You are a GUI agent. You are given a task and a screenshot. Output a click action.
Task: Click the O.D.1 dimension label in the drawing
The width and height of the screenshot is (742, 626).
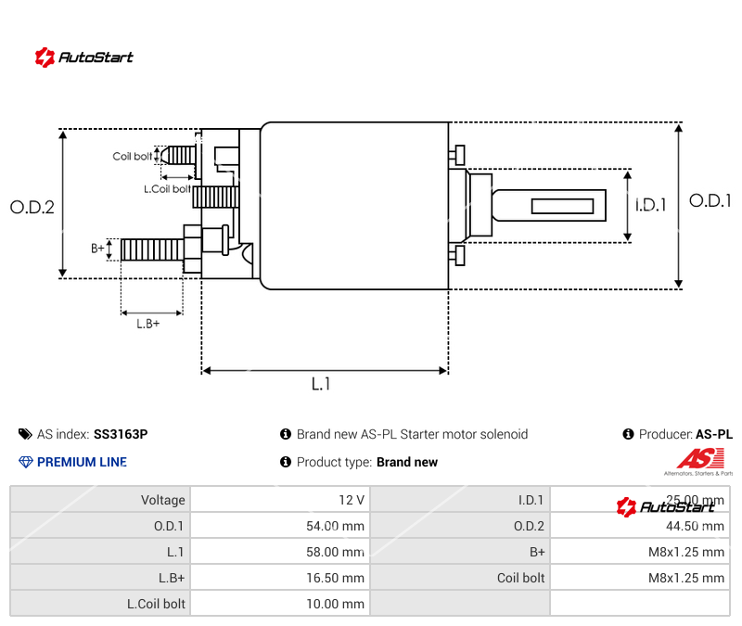710,200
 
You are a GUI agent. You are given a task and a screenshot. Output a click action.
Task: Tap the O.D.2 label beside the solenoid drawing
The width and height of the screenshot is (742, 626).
32,208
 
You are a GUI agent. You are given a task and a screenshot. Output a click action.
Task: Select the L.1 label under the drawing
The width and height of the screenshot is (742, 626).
320,384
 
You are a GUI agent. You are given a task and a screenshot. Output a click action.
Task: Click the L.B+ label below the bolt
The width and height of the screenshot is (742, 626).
148,324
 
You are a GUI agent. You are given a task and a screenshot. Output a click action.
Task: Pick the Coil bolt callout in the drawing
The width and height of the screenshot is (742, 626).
133,157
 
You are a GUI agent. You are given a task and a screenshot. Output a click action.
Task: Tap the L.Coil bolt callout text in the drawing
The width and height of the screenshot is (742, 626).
167,189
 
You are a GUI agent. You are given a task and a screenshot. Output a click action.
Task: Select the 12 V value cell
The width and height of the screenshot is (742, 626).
352,500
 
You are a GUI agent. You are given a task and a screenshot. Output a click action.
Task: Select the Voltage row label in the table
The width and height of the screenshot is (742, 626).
162,500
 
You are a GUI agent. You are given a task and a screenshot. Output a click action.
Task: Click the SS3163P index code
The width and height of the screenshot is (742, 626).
121,434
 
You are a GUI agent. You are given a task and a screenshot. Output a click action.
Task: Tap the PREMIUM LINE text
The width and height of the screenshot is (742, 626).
82,462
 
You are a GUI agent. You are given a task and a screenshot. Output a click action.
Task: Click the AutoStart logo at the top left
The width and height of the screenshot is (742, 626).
84,57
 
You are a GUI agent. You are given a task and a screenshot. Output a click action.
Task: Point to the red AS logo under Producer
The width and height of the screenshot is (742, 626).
698,459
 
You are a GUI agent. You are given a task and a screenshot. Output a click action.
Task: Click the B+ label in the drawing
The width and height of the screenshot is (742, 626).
97,249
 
